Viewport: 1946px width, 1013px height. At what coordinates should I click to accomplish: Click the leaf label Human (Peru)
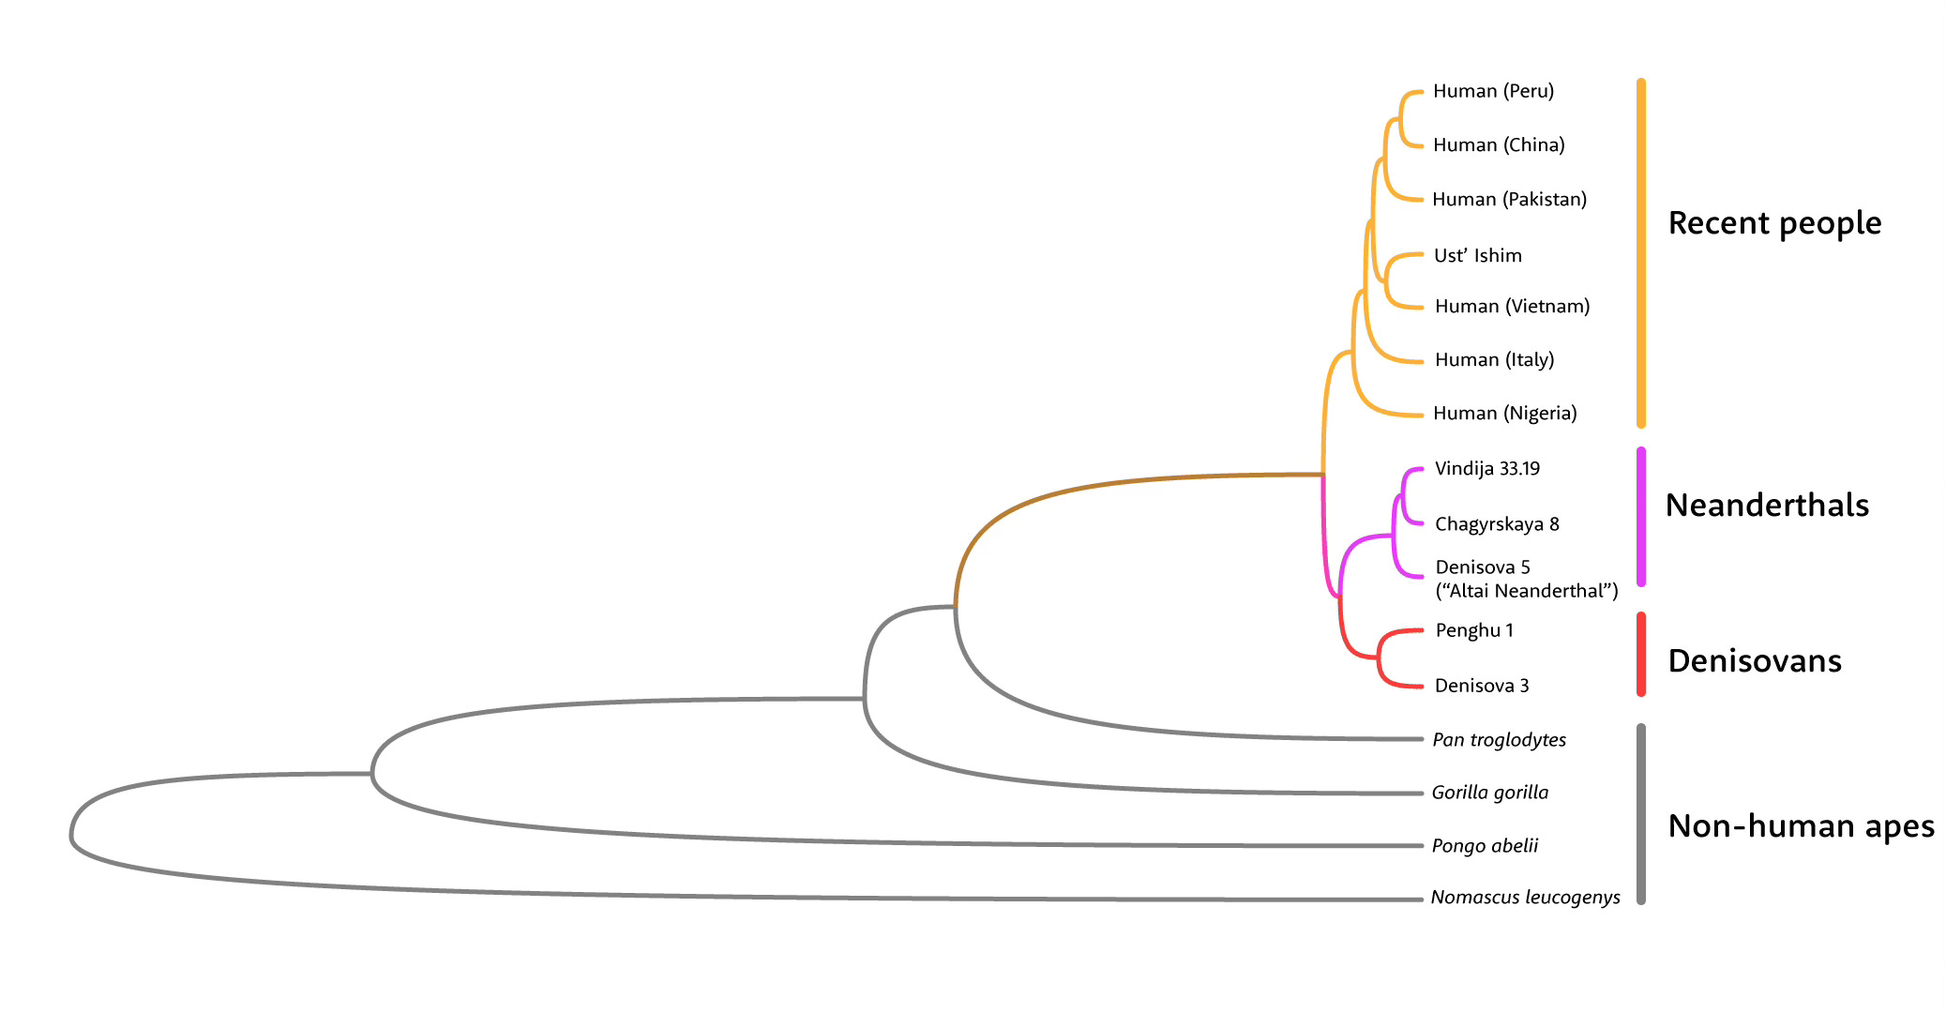pyautogui.click(x=1493, y=91)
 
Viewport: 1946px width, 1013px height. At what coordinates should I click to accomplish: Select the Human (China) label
pyautogui.click(x=1499, y=144)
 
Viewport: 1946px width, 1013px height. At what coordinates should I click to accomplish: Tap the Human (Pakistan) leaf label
pyautogui.click(x=1509, y=199)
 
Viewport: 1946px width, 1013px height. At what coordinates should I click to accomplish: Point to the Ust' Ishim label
pyautogui.click(x=1477, y=255)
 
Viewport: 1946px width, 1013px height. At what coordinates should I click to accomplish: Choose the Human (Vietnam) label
pyautogui.click(x=1512, y=306)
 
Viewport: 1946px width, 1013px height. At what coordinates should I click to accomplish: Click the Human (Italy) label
pyautogui.click(x=1494, y=359)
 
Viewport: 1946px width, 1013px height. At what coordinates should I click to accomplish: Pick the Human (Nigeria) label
pyautogui.click(x=1504, y=413)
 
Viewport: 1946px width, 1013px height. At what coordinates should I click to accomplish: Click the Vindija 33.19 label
pyautogui.click(x=1486, y=468)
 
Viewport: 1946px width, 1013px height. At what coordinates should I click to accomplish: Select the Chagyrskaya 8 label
pyautogui.click(x=1497, y=523)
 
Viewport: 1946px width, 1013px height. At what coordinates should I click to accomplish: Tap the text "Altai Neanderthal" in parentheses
pyautogui.click(x=1527, y=591)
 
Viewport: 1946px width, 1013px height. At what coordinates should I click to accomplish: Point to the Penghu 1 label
pyautogui.click(x=1474, y=630)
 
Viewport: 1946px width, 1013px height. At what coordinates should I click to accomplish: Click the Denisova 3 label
pyautogui.click(x=1482, y=686)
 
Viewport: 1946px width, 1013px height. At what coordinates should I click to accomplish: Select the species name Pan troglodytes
pyautogui.click(x=1499, y=739)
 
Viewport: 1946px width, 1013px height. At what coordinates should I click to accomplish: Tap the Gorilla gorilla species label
pyautogui.click(x=1489, y=793)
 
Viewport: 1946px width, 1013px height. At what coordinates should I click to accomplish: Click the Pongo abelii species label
pyautogui.click(x=1485, y=846)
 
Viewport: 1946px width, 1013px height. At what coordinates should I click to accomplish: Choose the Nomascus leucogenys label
pyautogui.click(x=1525, y=898)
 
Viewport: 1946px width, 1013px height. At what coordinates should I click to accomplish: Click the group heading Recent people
pyautogui.click(x=1774, y=223)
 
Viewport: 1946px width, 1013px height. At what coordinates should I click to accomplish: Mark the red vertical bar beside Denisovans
pyautogui.click(x=1641, y=655)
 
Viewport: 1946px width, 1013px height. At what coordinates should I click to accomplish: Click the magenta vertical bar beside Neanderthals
pyautogui.click(x=1641, y=517)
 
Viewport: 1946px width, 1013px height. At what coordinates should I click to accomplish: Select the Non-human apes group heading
pyautogui.click(x=1801, y=826)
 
